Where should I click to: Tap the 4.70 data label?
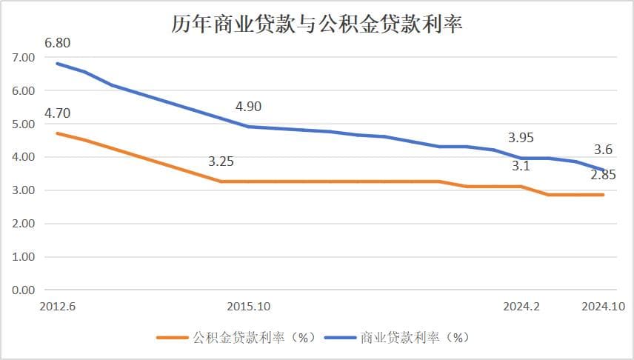coord(58,113)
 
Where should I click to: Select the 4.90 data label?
coord(248,107)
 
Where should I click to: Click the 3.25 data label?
coord(221,161)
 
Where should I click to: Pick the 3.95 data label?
coord(521,138)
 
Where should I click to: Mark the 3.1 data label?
coord(521,167)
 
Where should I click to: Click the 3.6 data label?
coord(604,148)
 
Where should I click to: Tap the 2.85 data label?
coord(603,176)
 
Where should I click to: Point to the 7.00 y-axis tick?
coord(24,57)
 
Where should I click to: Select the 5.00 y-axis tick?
coord(24,124)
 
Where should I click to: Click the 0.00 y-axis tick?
coord(24,290)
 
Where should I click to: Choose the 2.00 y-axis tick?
coord(24,223)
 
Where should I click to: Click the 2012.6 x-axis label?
coord(58,306)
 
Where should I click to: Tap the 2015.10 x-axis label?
coord(249,306)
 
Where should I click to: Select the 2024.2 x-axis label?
coord(521,306)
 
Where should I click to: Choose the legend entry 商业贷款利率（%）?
coord(416,337)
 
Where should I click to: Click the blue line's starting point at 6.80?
coord(58,64)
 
